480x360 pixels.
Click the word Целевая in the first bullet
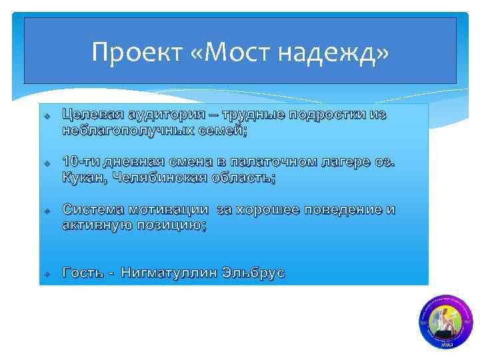click(95, 115)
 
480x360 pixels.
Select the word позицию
click(173, 225)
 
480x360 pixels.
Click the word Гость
click(83, 273)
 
